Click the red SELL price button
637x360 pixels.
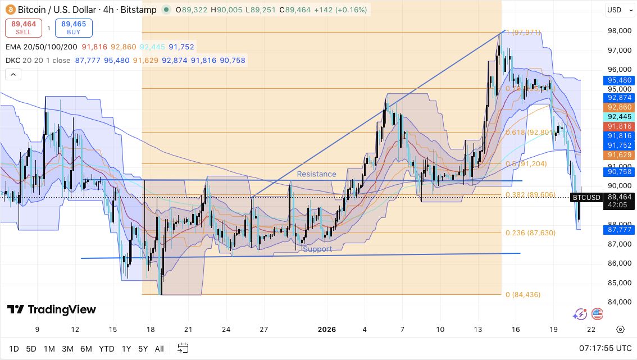24,28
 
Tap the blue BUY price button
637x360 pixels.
74,28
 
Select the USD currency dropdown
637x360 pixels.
618,10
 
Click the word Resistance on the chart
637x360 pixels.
316,174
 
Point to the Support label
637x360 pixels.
317,249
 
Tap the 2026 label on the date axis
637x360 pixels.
327,330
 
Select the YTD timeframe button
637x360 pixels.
107,349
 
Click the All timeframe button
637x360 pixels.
160,349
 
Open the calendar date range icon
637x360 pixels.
183,349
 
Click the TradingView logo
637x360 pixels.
52,309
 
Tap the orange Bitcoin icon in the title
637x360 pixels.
10,10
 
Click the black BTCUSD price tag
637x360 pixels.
586,197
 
